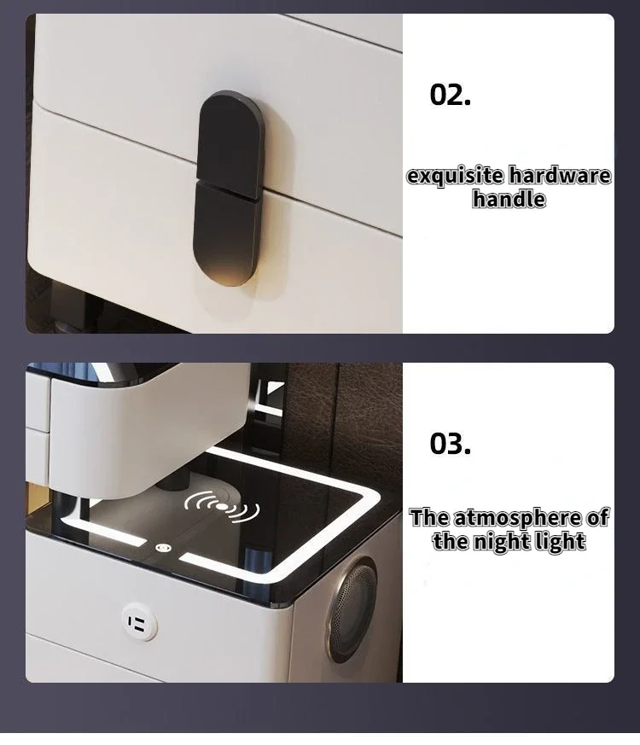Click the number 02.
pyautogui.click(x=450, y=96)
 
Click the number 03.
pyautogui.click(x=450, y=444)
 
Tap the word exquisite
pyautogui.click(x=455, y=177)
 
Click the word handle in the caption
pyautogui.click(x=509, y=200)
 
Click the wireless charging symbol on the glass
pyautogui.click(x=222, y=507)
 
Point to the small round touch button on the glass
pyautogui.click(x=163, y=547)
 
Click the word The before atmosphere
pyautogui.click(x=429, y=517)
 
